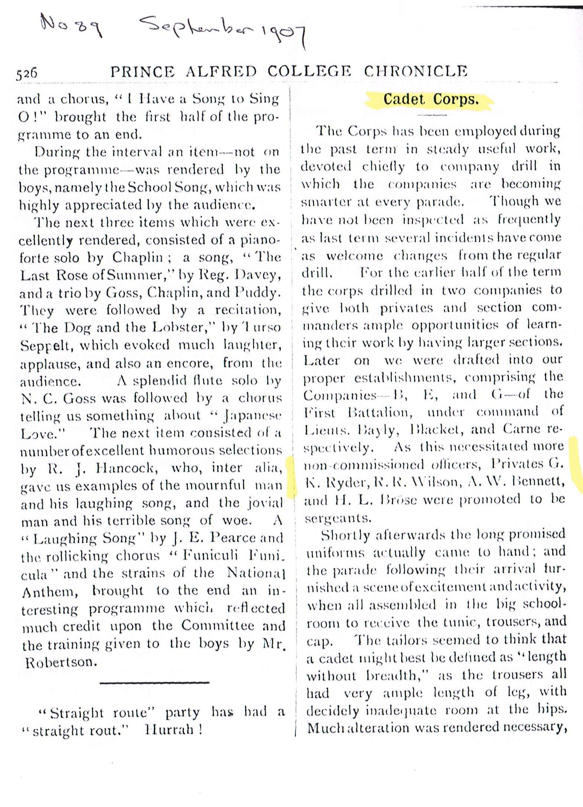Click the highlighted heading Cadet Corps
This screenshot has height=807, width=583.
point(431,100)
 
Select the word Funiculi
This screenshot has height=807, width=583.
point(204,556)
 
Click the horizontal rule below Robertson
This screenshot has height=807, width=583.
point(154,682)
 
